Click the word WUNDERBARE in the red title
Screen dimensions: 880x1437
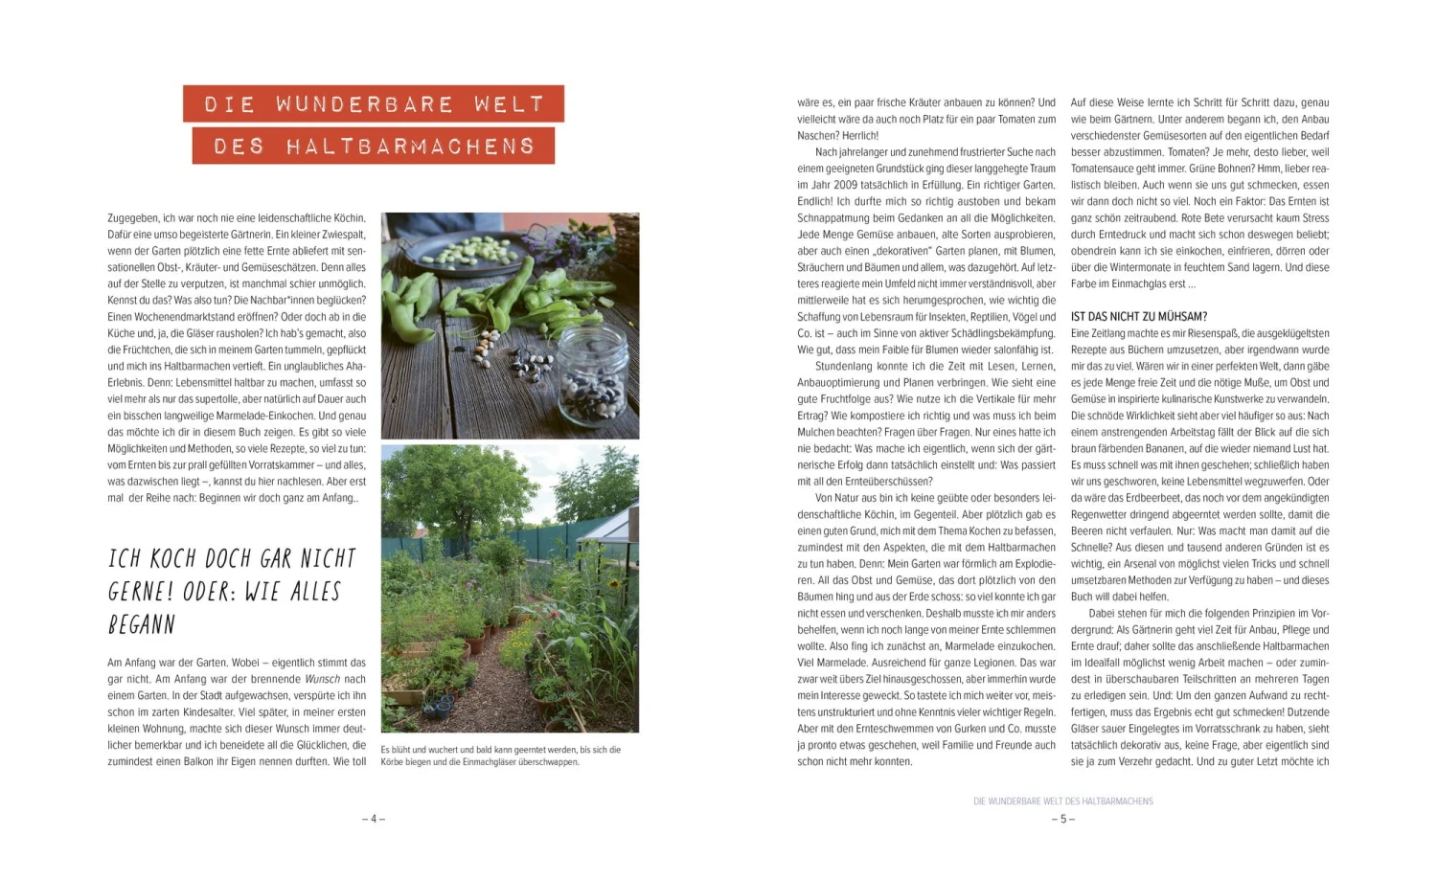point(365,103)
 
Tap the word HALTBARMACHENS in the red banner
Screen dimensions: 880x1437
point(410,147)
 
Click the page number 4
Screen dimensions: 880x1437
point(374,819)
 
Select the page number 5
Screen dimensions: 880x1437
point(1062,819)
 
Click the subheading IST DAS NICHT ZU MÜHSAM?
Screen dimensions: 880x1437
point(1138,317)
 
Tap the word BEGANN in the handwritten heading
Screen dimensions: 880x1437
point(142,625)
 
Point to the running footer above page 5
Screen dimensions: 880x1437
point(1062,801)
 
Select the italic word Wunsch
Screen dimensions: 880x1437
point(323,679)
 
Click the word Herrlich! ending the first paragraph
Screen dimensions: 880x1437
point(860,136)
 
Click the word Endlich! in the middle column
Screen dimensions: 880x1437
point(815,202)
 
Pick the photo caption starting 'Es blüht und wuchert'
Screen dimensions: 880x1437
point(500,756)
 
